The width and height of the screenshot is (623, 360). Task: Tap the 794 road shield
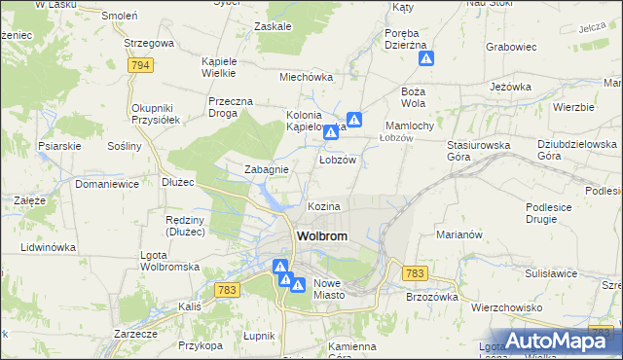point(141,65)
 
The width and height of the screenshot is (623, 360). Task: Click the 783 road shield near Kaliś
point(228,290)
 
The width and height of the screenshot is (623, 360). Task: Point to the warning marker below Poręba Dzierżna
point(426,59)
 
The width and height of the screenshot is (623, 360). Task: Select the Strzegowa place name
point(149,44)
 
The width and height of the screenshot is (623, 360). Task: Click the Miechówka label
point(307,76)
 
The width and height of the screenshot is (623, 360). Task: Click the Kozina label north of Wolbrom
point(324,207)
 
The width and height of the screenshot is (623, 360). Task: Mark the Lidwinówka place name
point(48,248)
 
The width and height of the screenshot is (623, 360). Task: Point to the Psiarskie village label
point(59,147)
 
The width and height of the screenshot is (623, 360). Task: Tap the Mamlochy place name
point(416,126)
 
